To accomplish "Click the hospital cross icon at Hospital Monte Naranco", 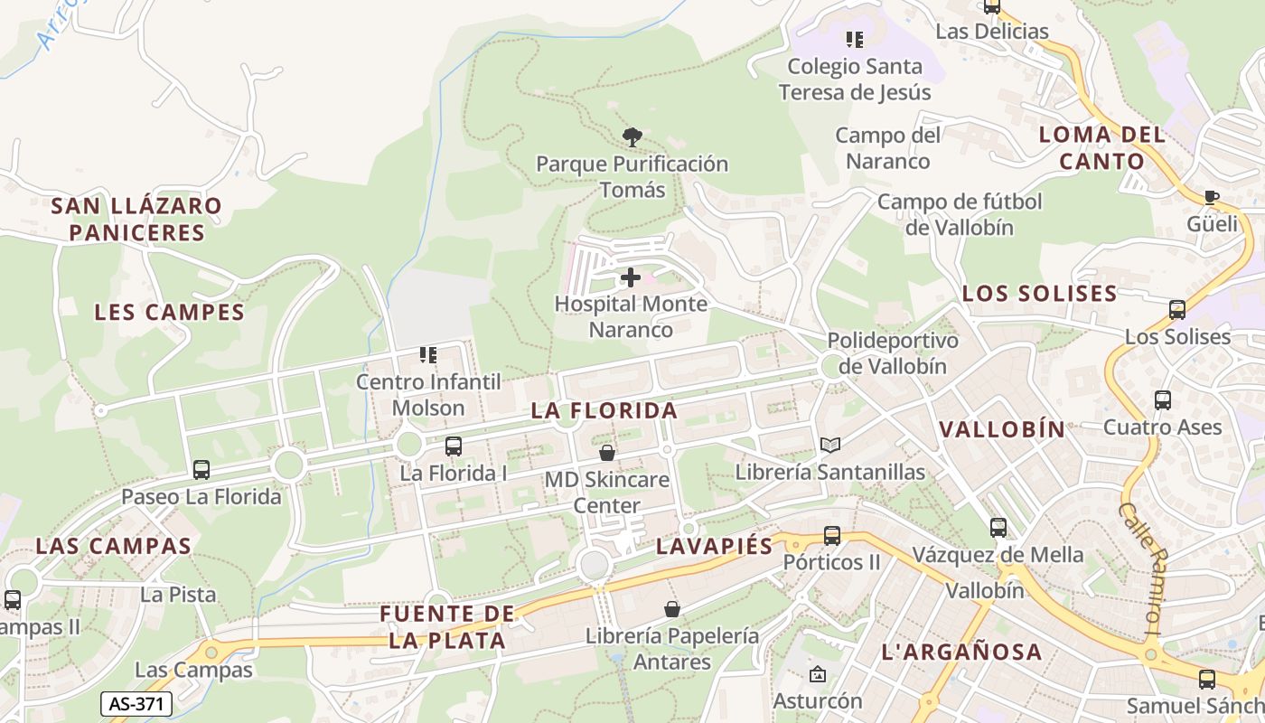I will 631,277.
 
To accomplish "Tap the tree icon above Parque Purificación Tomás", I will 632,137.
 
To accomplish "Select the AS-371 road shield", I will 136,704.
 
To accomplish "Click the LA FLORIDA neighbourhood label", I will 604,410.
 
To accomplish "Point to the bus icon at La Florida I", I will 454,446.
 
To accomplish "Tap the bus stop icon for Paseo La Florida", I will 201,469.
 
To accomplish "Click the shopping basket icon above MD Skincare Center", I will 607,452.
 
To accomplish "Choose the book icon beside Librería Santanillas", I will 830,445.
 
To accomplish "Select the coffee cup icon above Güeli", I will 1212,197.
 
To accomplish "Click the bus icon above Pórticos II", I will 832,535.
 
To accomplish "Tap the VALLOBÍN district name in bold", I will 1003,429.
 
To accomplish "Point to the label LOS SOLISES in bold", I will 1039,294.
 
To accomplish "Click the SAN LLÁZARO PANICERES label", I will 136,219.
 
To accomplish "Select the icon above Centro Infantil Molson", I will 428,355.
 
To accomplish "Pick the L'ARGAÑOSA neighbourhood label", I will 961,652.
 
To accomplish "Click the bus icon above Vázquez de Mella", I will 998,528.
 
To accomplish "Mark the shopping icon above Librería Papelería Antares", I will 671,609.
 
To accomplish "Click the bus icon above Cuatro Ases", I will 1163,399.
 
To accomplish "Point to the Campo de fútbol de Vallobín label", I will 960,214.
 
